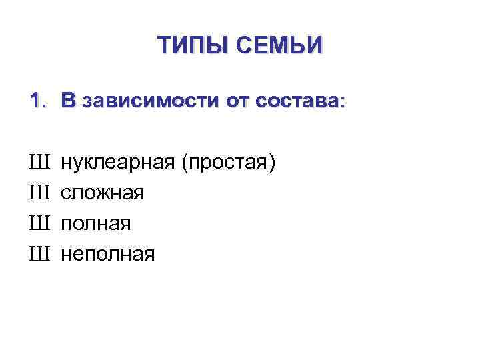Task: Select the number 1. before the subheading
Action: coord(38,102)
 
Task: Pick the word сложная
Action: coord(102,193)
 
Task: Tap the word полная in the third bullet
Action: coord(96,223)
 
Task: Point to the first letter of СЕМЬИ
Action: coord(243,45)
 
